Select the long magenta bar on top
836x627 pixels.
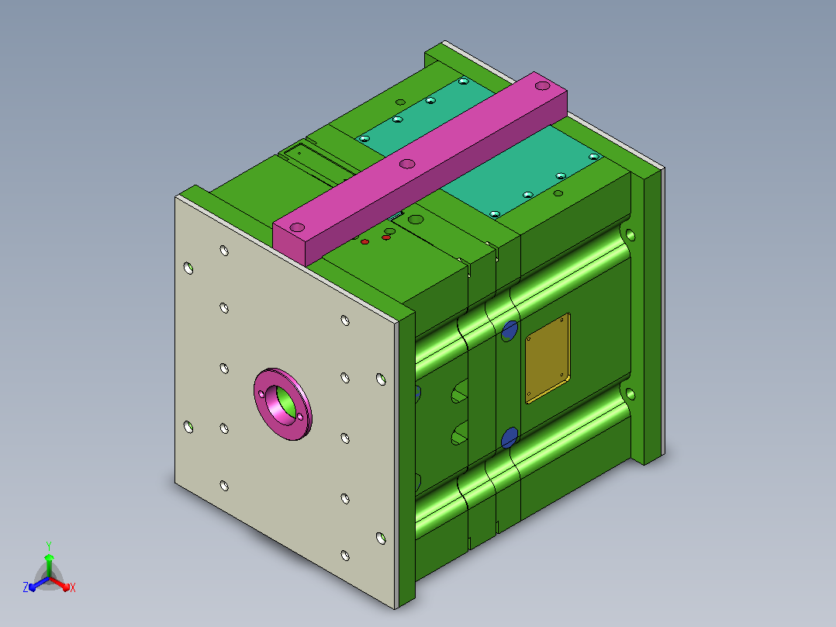pos(420,169)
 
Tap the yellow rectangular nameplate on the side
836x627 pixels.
pos(548,358)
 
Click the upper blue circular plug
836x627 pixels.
pos(510,331)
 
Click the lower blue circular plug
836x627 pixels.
pos(510,437)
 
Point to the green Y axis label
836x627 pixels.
pos(49,546)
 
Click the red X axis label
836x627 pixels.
pos(73,587)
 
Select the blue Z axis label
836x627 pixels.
pos(26,587)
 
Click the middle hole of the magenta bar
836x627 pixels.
pos(407,163)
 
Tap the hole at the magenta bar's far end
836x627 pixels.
pos(542,85)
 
